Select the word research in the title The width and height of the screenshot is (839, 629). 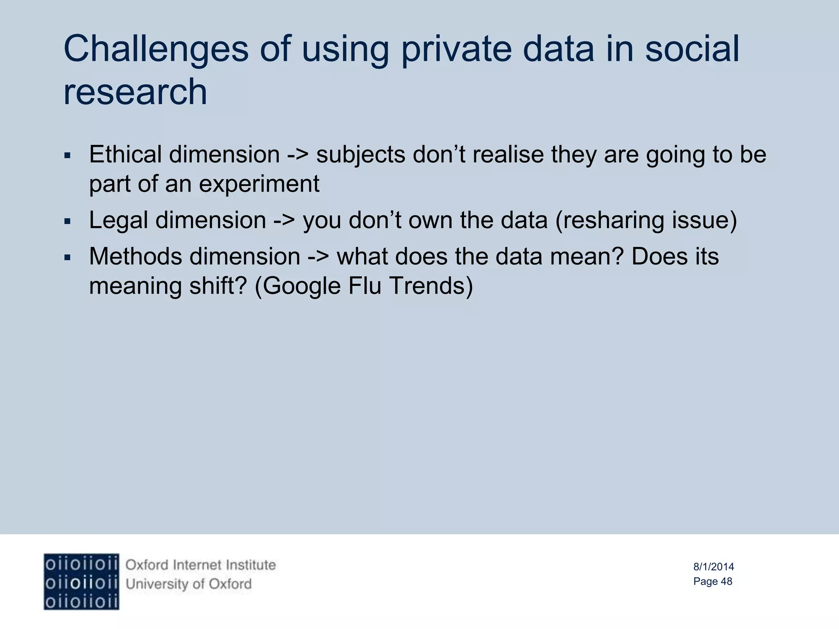pos(135,92)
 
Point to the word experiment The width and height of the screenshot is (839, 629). pos(259,184)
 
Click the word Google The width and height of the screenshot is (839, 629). pos(302,286)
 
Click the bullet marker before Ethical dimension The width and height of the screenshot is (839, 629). pos(68,156)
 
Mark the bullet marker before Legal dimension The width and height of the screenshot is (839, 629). pos(68,222)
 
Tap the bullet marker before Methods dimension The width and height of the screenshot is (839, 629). pos(68,258)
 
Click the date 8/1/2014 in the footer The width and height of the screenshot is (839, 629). pos(713,567)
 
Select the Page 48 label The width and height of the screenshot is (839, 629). pos(712,581)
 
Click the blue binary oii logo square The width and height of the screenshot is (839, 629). pos(82,582)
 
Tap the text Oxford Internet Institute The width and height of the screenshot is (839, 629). pos(200,565)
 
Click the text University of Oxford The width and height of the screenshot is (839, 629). pos(188,584)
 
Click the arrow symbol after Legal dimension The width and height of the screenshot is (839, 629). pos(284,220)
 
